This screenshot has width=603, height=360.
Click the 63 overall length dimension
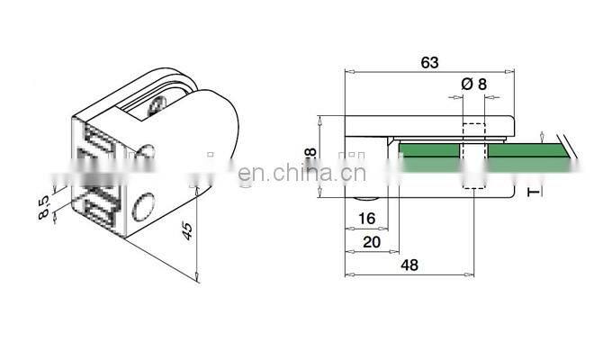[x=429, y=62]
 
